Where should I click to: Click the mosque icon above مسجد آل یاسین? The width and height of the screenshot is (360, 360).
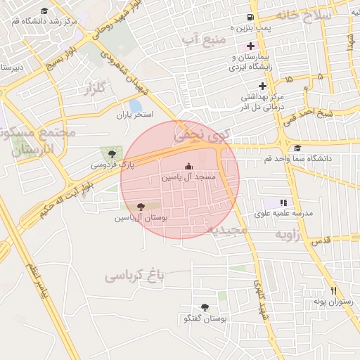pos(188,167)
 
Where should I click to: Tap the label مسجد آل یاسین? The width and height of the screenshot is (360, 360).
pos(188,178)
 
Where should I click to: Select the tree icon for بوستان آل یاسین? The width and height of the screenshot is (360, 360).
pos(141,207)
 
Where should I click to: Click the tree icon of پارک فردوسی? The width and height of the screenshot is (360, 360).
pos(111,154)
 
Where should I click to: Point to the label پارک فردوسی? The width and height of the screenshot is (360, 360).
pos(111,165)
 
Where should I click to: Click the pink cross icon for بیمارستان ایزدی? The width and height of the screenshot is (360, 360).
pos(250,46)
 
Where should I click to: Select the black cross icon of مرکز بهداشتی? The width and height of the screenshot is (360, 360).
pos(262,86)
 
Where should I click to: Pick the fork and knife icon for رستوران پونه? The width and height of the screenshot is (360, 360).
pos(333,290)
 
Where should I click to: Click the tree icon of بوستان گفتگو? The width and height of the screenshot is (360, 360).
pos(205,307)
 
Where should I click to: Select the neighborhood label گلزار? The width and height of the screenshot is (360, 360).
pos(94,89)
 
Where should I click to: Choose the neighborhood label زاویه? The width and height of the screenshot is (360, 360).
pos(287,233)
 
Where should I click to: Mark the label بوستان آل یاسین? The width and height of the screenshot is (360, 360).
pos(141,218)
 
